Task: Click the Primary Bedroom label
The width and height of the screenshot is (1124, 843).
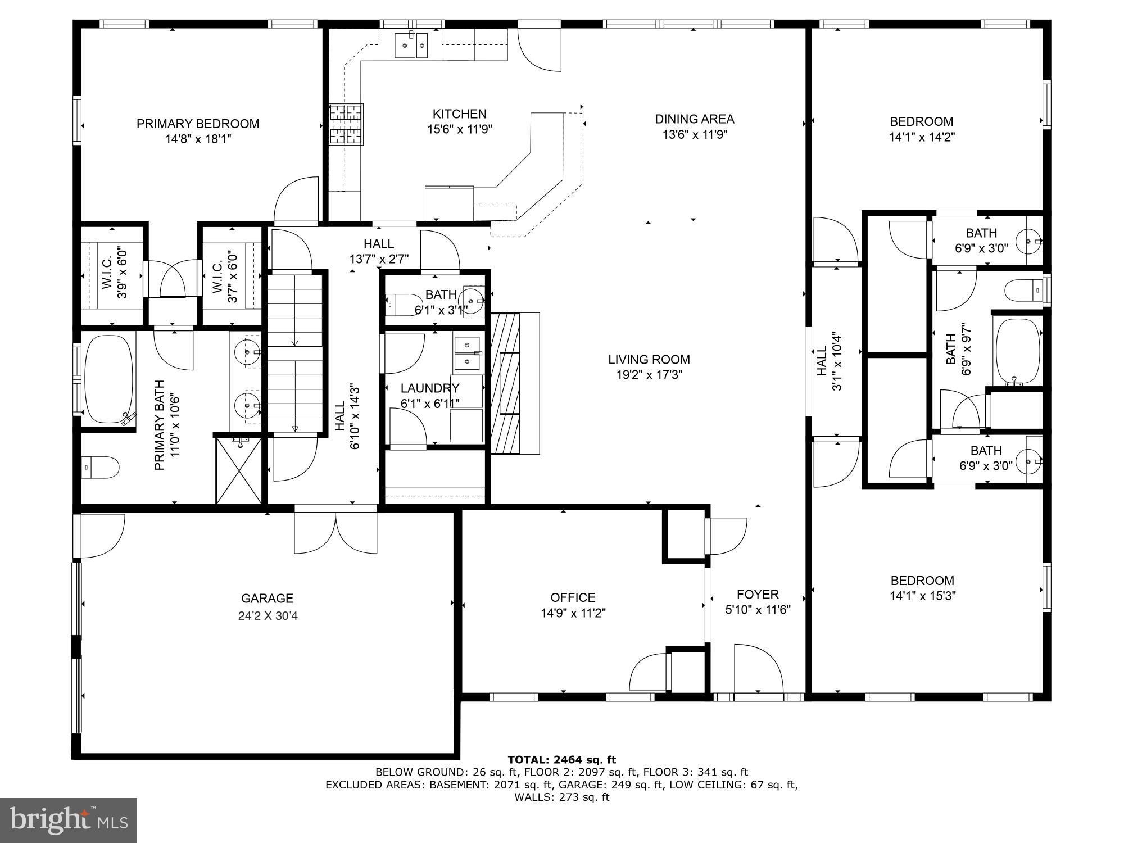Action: (x=198, y=124)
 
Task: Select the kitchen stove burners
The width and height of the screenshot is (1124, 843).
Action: (x=346, y=124)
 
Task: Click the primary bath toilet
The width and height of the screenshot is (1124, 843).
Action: (x=101, y=467)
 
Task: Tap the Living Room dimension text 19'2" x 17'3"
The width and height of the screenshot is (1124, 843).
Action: (x=649, y=375)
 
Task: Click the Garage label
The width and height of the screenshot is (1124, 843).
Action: (x=267, y=599)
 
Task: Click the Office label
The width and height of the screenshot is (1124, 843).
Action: (x=573, y=597)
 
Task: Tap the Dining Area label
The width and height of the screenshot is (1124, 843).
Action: (x=694, y=119)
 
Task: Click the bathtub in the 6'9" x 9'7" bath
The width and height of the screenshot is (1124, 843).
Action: (x=1018, y=351)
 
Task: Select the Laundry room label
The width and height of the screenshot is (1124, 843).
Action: (x=430, y=388)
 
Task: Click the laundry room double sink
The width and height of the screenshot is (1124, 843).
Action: (x=466, y=353)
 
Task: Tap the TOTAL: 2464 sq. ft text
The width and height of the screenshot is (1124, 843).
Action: (x=561, y=760)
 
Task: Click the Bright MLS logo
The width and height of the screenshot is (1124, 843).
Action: (x=68, y=821)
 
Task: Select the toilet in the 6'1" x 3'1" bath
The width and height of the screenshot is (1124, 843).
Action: (x=405, y=304)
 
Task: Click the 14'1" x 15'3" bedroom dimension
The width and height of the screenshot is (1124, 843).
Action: (x=922, y=595)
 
